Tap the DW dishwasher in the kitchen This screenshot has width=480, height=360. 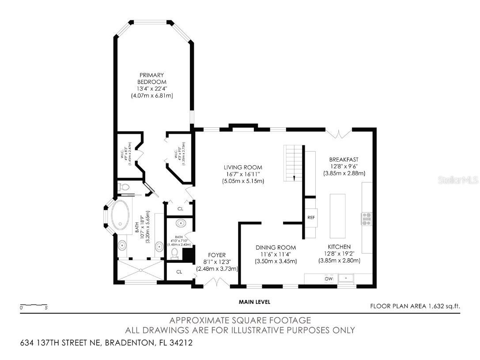329,279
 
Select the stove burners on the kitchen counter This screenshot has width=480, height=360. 367,219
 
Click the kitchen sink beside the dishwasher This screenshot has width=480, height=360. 347,279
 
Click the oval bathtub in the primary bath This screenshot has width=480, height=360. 119,216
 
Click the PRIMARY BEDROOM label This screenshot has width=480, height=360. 151,79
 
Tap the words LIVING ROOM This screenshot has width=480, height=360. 243,167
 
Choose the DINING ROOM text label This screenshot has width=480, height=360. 276,247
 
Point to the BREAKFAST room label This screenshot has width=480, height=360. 344,159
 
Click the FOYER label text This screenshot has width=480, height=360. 217,255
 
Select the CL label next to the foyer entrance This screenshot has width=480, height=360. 179,271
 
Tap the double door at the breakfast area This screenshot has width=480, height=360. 340,132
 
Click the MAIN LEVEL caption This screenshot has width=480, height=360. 254,302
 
